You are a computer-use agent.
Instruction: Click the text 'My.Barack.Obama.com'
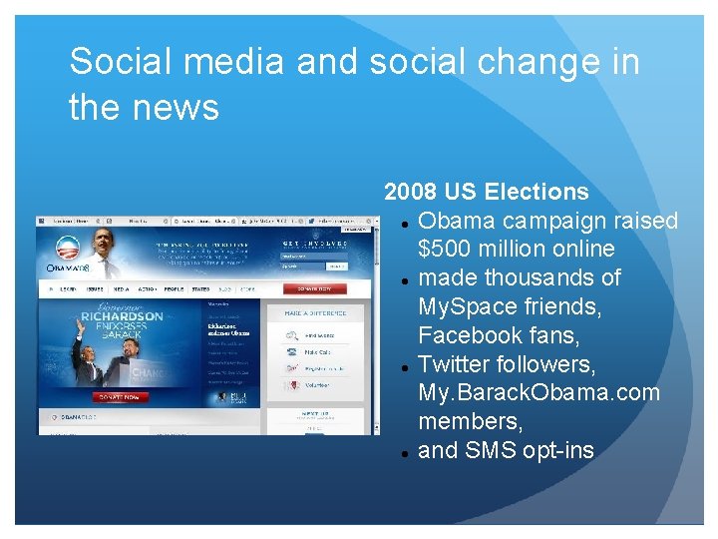[x=538, y=392]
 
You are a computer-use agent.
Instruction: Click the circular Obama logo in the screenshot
[x=68, y=251]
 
